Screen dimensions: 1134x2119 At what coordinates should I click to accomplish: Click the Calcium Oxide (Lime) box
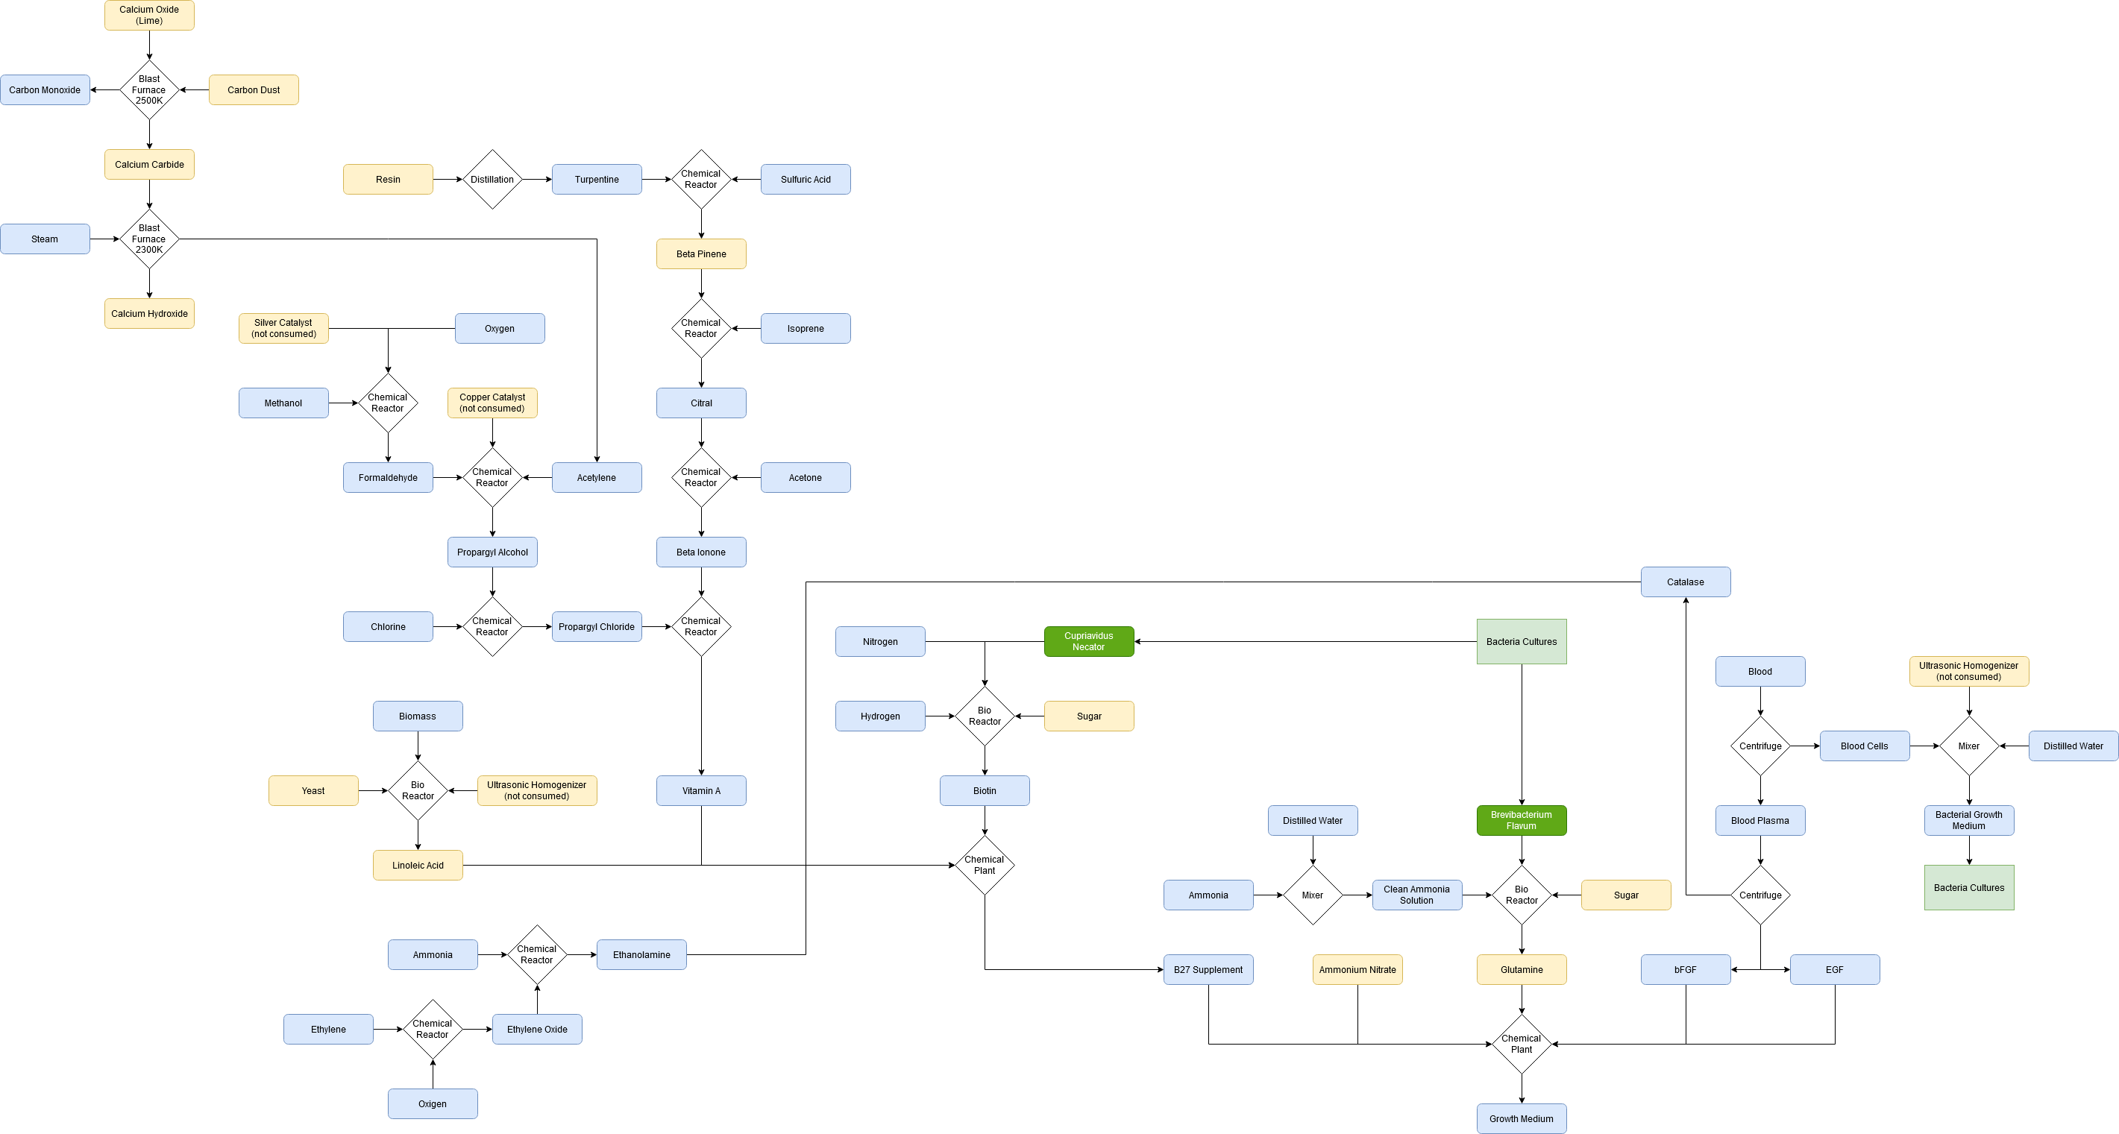[149, 15]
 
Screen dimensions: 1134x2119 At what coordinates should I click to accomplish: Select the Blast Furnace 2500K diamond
[149, 89]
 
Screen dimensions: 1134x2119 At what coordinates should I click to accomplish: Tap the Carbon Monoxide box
[45, 89]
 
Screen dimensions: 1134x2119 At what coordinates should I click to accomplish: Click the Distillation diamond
[492, 179]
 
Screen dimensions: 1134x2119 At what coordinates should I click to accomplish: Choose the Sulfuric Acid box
[806, 179]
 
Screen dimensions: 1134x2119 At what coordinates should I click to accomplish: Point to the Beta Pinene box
[701, 254]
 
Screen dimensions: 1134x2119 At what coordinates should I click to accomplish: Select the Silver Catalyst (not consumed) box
[283, 328]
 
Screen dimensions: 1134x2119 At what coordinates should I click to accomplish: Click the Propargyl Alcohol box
[492, 552]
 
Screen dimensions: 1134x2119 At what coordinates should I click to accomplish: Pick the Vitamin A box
[701, 790]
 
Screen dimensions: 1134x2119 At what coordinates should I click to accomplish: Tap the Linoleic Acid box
[417, 865]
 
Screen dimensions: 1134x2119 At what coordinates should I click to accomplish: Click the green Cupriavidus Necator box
[1088, 641]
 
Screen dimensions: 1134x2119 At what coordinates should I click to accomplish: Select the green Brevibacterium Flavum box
[1521, 820]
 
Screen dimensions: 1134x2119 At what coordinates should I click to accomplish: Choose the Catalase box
[1685, 582]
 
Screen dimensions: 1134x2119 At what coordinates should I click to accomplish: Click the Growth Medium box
[1521, 1118]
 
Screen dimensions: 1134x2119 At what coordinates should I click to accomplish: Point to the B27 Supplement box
[1208, 969]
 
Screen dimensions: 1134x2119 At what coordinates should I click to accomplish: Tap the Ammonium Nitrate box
[1357, 969]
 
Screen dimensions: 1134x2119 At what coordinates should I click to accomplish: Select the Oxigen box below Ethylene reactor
[432, 1103]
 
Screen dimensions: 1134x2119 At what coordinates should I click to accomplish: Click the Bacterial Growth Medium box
[1968, 820]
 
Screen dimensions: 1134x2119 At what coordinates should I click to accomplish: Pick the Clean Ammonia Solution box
[1416, 895]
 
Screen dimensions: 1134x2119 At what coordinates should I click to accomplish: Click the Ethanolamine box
[641, 955]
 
